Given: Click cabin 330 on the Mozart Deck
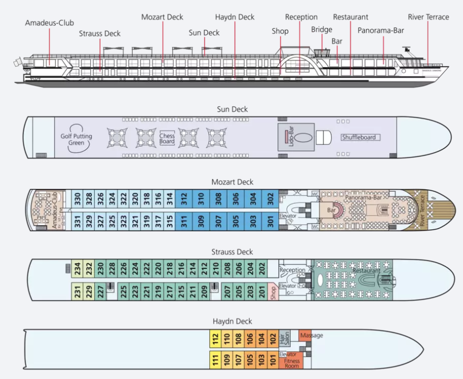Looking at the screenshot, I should click(x=77, y=197).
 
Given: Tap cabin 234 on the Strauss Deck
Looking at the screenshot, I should click(x=77, y=268).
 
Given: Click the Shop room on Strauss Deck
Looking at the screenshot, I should click(x=273, y=292).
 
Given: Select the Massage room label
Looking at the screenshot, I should click(x=312, y=335).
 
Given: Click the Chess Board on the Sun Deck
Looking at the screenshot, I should click(x=167, y=138).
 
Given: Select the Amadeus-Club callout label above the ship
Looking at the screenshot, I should click(x=49, y=23).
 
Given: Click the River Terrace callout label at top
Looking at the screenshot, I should click(x=428, y=17).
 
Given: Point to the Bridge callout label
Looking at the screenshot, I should click(x=321, y=30).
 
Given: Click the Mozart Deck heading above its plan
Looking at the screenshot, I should click(x=232, y=182).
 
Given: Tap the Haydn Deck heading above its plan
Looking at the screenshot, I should click(x=232, y=322).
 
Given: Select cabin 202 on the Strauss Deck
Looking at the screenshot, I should click(x=262, y=268).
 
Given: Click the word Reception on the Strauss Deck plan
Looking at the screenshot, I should click(x=292, y=270).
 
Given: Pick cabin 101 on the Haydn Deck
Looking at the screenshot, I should click(x=273, y=361).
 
